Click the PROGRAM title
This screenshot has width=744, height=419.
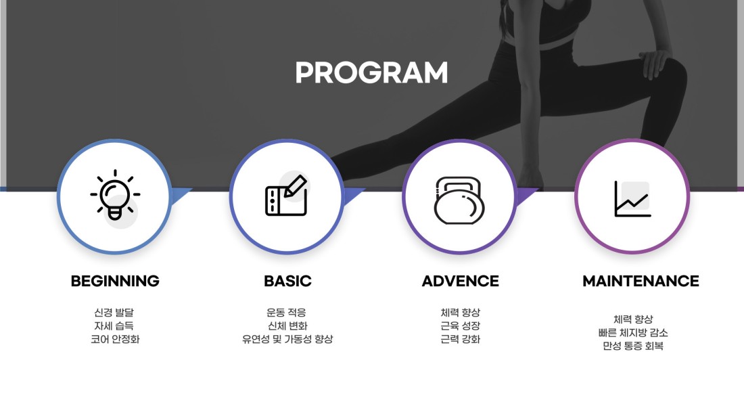pyautogui.click(x=371, y=72)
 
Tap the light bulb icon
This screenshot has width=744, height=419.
pyautogui.click(x=115, y=195)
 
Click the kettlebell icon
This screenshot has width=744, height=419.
pyautogui.click(x=459, y=200)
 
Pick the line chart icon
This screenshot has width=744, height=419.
pyautogui.click(x=632, y=198)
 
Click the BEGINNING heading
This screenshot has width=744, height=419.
pyautogui.click(x=115, y=281)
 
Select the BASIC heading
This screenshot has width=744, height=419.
pyautogui.click(x=287, y=281)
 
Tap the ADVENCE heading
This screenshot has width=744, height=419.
pyautogui.click(x=460, y=281)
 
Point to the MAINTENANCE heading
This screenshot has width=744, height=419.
pyautogui.click(x=641, y=281)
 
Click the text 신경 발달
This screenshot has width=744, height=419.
pyautogui.click(x=114, y=313)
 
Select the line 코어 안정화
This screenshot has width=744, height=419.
pyautogui.click(x=115, y=339)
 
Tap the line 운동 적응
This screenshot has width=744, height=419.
pyautogui.click(x=286, y=313)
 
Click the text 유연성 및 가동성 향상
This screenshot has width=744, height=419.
pyautogui.click(x=287, y=339)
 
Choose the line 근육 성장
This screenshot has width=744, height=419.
pyautogui.click(x=460, y=326)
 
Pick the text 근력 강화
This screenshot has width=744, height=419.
pyautogui.click(x=460, y=339)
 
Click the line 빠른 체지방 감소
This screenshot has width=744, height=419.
pyautogui.click(x=633, y=332)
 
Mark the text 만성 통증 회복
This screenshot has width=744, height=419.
pyautogui.click(x=633, y=346)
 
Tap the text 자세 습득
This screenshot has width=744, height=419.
pyautogui.click(x=114, y=326)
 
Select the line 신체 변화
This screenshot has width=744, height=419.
pyautogui.click(x=287, y=326)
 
